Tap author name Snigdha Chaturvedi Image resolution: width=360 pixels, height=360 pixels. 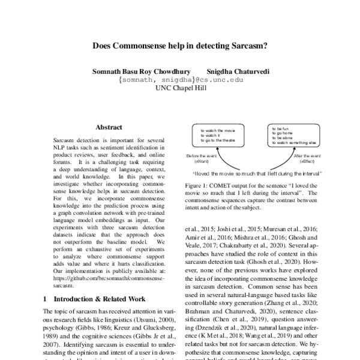tap(239, 71)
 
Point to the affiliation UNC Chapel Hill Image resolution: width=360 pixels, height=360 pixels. tap(180, 88)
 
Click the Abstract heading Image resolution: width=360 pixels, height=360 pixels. tap(109, 127)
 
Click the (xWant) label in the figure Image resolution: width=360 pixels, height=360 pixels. tap(201, 161)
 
